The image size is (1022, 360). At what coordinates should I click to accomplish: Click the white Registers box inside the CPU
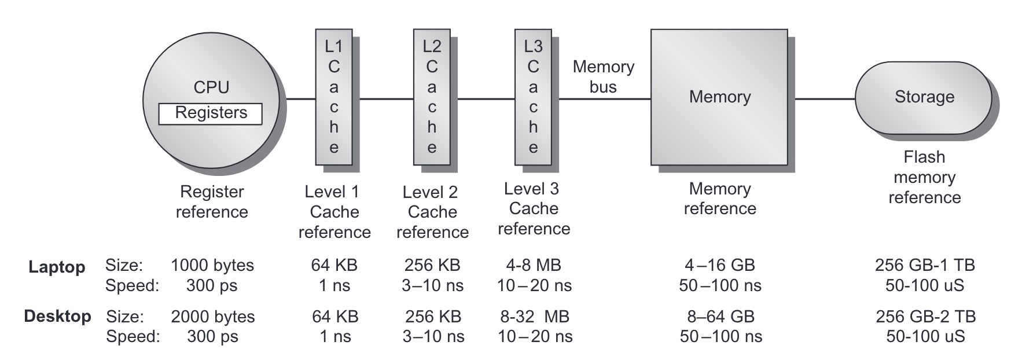(211, 113)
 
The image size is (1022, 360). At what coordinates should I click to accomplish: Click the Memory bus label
(603, 77)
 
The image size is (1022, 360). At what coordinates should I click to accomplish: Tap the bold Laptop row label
(57, 267)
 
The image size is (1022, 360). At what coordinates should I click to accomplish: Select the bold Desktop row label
(57, 317)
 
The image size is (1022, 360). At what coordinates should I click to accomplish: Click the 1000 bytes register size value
(212, 265)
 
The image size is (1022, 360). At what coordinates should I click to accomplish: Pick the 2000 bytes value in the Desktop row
(213, 317)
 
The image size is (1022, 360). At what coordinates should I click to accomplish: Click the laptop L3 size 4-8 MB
(533, 265)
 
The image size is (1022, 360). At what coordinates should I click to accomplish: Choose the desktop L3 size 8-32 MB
(535, 317)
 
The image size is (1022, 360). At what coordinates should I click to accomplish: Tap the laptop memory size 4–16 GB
(720, 265)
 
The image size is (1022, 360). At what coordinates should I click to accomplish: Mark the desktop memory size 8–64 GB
(720, 317)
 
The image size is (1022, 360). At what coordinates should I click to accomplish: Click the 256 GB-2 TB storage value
(925, 317)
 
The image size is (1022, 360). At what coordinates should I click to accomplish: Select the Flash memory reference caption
(924, 177)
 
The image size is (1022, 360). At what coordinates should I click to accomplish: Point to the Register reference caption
(212, 201)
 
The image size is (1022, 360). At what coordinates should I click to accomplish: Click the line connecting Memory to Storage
(825, 99)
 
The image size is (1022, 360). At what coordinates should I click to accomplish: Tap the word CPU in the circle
(211, 87)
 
